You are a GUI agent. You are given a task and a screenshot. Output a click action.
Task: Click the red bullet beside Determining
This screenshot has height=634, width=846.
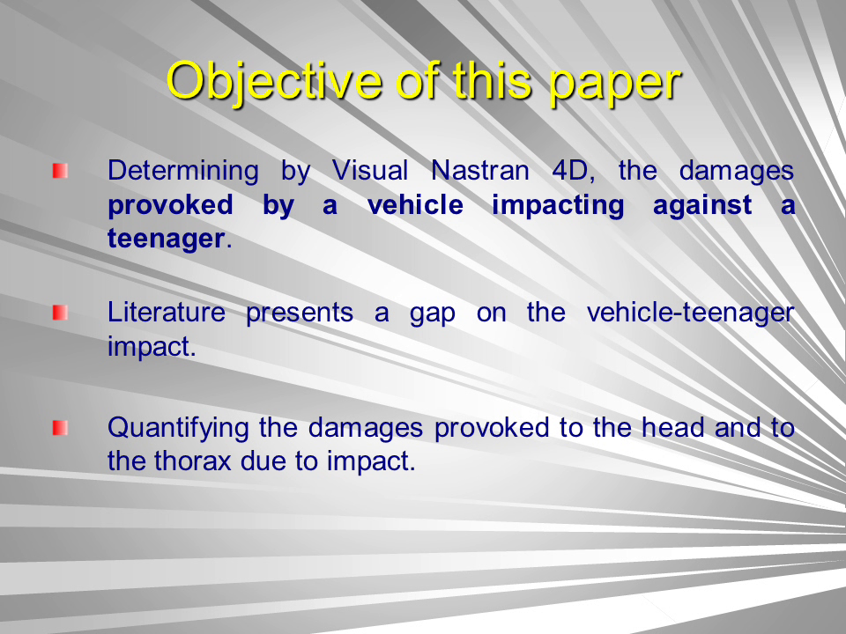tap(60, 171)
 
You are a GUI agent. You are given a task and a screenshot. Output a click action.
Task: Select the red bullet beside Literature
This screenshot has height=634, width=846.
tap(60, 313)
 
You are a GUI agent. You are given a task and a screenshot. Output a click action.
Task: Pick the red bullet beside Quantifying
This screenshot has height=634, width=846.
tap(60, 428)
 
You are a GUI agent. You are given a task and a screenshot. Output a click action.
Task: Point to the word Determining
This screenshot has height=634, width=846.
tap(183, 172)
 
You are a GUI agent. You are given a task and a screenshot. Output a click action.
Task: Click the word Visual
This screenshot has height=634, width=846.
tap(369, 170)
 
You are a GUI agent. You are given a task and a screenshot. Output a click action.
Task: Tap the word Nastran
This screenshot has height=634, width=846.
tap(479, 170)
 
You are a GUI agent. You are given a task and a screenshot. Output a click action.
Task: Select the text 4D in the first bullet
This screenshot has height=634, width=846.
tap(573, 171)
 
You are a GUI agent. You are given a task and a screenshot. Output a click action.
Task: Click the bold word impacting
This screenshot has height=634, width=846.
tap(558, 206)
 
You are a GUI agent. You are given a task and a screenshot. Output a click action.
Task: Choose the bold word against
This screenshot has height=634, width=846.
tap(702, 206)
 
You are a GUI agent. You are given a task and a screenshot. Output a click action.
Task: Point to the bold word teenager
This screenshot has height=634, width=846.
tap(166, 239)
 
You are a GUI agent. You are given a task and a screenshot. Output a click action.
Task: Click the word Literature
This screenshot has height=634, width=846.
tap(167, 312)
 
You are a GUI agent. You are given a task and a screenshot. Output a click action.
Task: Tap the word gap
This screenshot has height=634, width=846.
tap(432, 314)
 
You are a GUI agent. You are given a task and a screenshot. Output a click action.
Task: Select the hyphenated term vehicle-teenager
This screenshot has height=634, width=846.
tap(691, 313)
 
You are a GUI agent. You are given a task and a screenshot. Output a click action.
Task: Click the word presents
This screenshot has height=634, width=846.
tap(300, 314)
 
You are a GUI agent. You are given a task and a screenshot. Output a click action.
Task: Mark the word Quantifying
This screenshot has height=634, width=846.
tap(178, 429)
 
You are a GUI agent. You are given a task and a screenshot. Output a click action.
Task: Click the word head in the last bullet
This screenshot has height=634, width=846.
tap(672, 428)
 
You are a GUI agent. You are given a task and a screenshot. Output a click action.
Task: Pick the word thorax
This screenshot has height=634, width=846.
tap(193, 461)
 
